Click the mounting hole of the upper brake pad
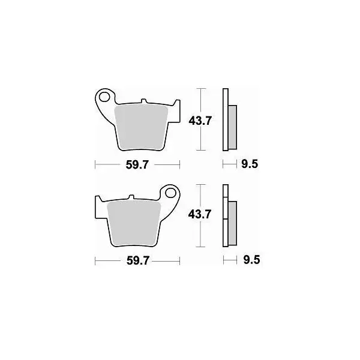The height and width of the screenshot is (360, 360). [x=104, y=97]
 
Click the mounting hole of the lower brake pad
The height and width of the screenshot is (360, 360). [x=170, y=193]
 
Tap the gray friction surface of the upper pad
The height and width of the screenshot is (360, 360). [x=141, y=127]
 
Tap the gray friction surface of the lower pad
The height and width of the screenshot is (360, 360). [x=134, y=223]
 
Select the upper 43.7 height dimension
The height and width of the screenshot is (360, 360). [x=200, y=121]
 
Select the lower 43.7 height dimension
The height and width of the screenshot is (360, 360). [x=199, y=215]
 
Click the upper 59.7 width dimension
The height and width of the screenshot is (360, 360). [x=137, y=165]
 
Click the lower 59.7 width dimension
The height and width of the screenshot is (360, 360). [x=138, y=261]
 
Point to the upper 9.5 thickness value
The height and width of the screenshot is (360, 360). [x=250, y=164]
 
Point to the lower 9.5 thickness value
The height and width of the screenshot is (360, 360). [x=251, y=260]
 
